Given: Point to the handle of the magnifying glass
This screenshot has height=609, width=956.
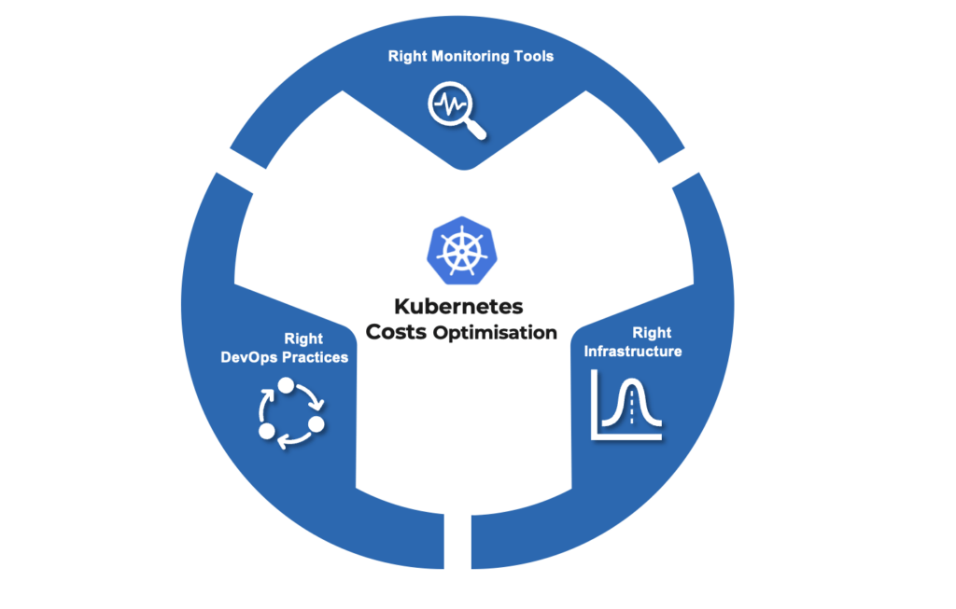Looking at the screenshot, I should [476, 131].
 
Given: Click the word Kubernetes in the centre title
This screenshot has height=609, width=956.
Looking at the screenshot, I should [458, 306].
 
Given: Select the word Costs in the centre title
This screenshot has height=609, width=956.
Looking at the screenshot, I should [398, 331].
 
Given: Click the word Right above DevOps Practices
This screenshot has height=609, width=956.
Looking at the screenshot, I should [303, 339].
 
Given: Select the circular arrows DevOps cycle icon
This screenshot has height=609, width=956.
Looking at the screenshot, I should [289, 413].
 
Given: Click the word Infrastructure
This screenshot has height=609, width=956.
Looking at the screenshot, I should [632, 352].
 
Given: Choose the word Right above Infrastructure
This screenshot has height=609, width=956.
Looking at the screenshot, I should [652, 333].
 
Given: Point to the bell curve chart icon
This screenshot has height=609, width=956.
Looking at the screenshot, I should [626, 405].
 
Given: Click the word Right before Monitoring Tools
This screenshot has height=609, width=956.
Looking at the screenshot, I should [407, 57].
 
